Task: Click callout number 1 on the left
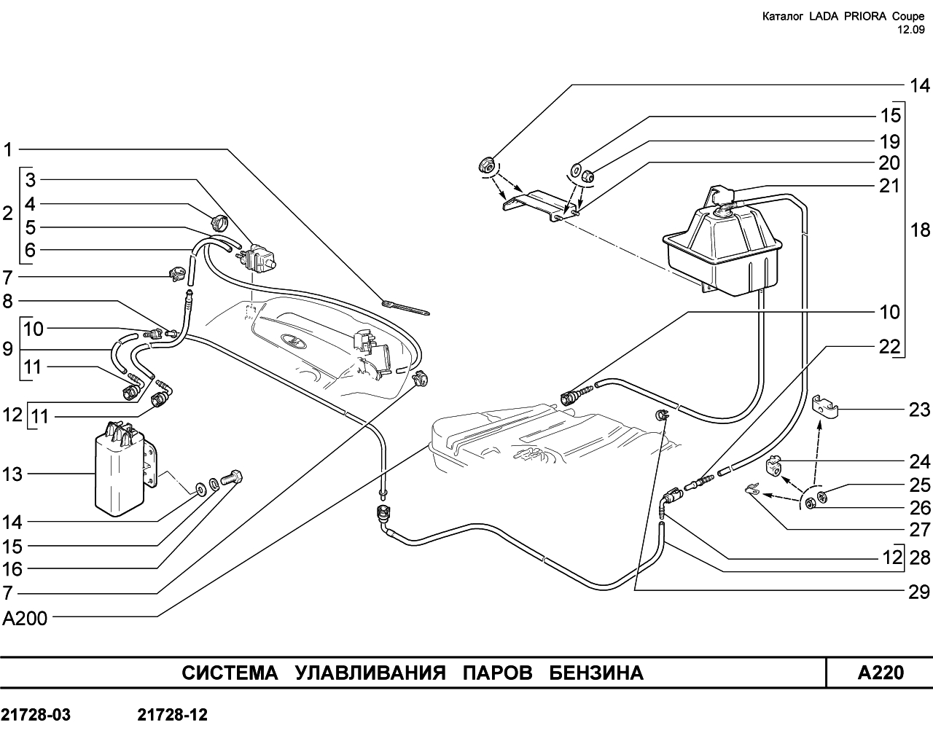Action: (x=8, y=150)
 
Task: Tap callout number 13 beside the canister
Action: (x=12, y=474)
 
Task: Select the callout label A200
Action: (x=25, y=618)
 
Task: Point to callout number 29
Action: (x=919, y=592)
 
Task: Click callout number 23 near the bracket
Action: (x=919, y=410)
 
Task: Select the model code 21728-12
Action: (x=173, y=715)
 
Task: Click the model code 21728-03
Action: (x=36, y=715)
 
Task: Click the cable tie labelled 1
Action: (x=405, y=307)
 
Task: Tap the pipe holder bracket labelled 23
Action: (x=824, y=407)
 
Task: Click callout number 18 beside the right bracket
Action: (x=920, y=230)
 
